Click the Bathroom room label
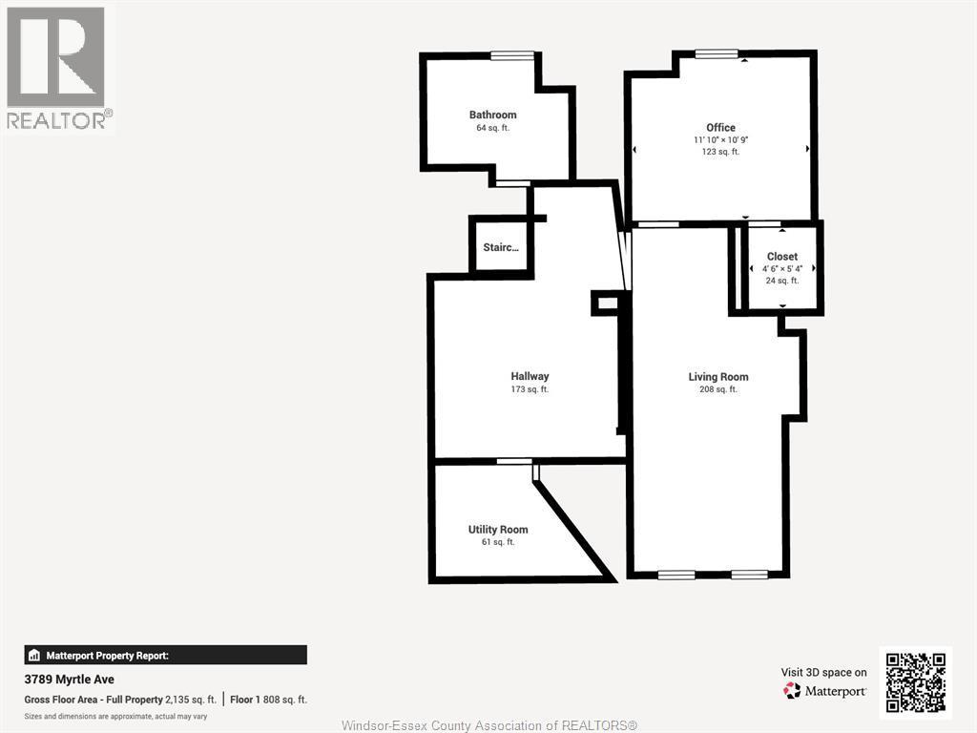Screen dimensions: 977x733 [x=493, y=115]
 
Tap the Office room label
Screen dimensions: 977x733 [x=720, y=127]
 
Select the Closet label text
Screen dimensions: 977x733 [x=782, y=256]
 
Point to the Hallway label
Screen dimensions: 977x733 [x=530, y=376]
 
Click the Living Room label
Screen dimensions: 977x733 [x=717, y=376]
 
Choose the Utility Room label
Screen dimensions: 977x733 [x=498, y=529]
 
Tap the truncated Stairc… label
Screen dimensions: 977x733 [x=500, y=247]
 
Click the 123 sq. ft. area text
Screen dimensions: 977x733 [x=720, y=152]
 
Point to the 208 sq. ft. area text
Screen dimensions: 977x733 [x=717, y=389]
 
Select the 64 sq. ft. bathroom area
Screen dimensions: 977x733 [x=492, y=128]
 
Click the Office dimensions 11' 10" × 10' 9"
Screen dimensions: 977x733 [x=720, y=140]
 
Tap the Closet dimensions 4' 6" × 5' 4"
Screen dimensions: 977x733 [x=782, y=268]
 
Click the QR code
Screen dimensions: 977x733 [x=915, y=682]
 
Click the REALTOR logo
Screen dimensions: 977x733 [x=56, y=68]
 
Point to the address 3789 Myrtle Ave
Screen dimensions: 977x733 [x=69, y=680]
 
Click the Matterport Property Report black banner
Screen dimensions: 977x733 [x=166, y=655]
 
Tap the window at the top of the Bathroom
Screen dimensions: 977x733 [x=512, y=55]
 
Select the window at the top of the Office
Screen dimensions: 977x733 [x=717, y=53]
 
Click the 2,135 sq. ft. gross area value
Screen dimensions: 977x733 [x=191, y=700]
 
